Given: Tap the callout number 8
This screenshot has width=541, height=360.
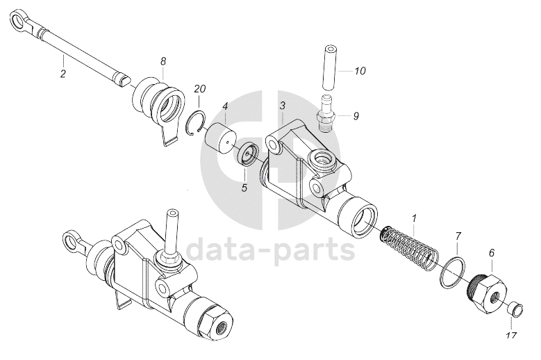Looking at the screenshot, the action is pos(163,62).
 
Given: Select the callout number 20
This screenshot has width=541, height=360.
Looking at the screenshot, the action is pos(200,89).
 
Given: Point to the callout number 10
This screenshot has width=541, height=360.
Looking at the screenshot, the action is pos(360,71).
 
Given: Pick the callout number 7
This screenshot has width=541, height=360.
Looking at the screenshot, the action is pos(458,237).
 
